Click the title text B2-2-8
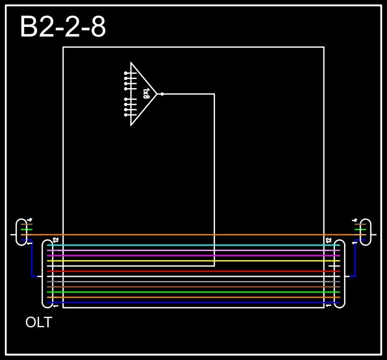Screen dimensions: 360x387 pos(62,27)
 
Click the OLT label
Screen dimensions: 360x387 pos(39,323)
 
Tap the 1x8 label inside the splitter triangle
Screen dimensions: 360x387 pos(146,93)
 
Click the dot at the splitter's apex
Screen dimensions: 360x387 pos(162,94)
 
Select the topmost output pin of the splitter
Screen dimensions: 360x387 pos(126,73)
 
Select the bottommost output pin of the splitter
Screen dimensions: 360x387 pos(126,115)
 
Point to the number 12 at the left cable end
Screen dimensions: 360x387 pos(55,240)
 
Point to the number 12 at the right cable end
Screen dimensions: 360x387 pos(328,240)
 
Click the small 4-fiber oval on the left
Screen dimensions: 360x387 pos(21,232)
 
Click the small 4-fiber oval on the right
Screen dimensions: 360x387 pos(365,232)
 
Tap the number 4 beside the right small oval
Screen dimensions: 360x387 pos(355,220)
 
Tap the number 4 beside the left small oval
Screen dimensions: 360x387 pos(30,220)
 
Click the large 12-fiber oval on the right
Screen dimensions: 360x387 pos(339,274)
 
